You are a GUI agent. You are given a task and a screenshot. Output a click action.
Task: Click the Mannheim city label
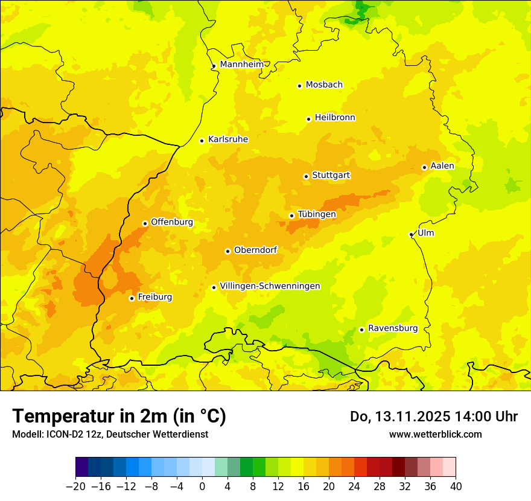pos(241,65)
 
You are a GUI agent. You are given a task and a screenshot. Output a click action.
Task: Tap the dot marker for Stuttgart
pos(306,176)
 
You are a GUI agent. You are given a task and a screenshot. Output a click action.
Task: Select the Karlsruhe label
pos(227,139)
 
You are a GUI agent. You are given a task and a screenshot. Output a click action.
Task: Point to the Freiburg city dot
pos(132,298)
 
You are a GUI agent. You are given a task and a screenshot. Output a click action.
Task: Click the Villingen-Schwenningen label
pos(270,286)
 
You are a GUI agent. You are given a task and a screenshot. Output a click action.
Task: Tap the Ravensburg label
pos(392,328)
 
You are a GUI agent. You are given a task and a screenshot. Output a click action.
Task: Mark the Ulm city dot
pos(411,234)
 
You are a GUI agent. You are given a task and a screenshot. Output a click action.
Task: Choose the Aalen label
pos(442,166)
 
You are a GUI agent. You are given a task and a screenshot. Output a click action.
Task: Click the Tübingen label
pos(316,214)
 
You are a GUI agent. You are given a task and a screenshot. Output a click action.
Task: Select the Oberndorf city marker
pos(227,251)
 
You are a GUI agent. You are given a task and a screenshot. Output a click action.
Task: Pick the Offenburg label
pos(171,222)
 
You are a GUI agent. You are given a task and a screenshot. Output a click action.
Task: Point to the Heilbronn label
pos(334,118)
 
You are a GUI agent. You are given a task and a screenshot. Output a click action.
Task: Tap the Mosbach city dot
pos(299,86)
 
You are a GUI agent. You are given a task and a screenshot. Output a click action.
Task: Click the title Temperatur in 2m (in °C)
pos(119,416)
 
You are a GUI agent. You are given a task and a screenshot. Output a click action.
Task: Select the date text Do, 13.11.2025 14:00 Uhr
pos(433,416)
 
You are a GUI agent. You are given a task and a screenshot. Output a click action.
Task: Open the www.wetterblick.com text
pos(435,434)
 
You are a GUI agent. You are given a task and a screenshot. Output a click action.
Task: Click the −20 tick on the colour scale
pos(75,487)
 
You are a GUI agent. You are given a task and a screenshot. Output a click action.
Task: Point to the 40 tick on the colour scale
pos(456,487)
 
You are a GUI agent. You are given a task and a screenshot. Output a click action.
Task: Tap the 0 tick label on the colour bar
pos(202,487)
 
